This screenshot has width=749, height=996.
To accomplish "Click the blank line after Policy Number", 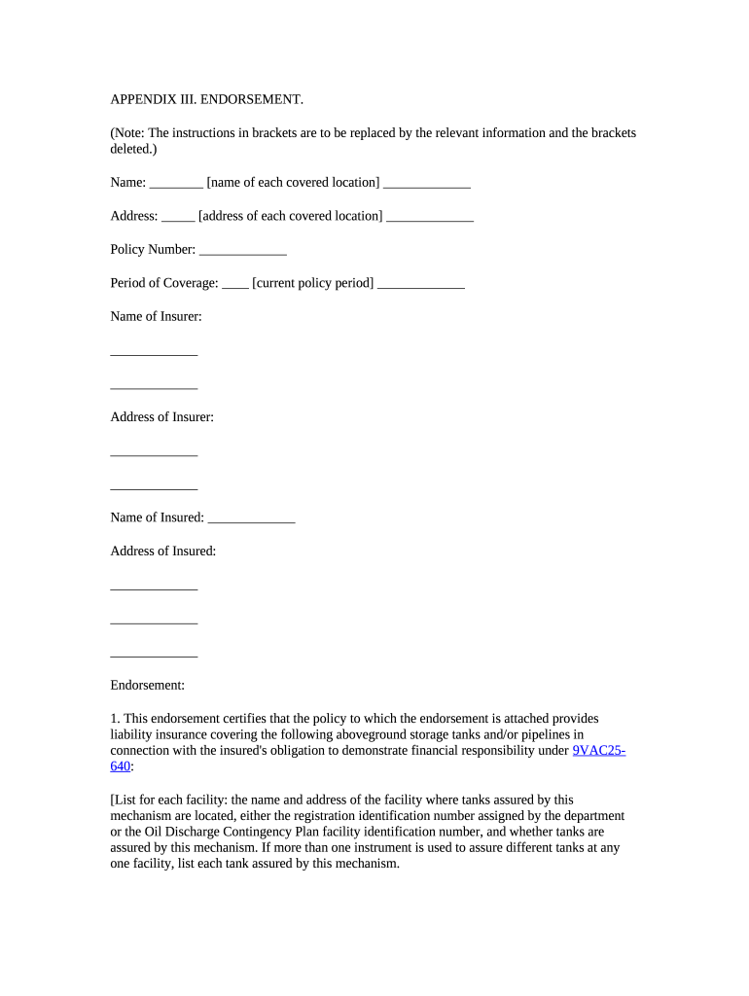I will [x=242, y=250].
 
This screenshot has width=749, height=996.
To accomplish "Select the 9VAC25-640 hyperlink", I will [x=598, y=751].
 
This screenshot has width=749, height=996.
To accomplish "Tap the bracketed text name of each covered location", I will [x=293, y=183].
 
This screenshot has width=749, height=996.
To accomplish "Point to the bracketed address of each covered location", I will [x=290, y=216].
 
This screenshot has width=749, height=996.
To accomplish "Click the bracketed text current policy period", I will [x=312, y=283].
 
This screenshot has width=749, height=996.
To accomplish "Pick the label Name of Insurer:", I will [x=156, y=316].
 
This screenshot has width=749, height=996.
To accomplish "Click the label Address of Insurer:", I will [x=161, y=417].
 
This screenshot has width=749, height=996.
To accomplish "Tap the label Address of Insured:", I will [x=162, y=551].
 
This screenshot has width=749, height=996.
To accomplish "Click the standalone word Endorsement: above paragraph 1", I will [x=147, y=686].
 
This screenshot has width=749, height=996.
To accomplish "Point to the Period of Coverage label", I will [x=164, y=283].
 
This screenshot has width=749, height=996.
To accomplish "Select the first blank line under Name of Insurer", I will [x=154, y=351].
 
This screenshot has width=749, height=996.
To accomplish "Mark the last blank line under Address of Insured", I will [x=154, y=653].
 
